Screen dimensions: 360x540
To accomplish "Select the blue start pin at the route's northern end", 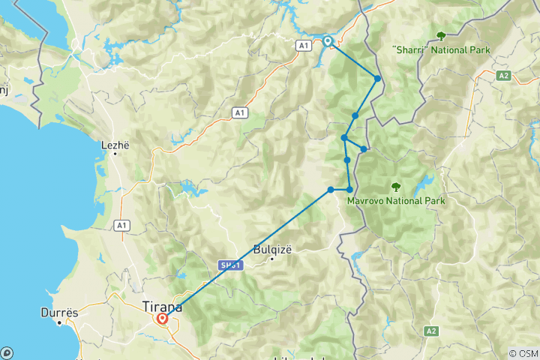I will click(x=328, y=41).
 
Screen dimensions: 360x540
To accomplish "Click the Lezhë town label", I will click(x=115, y=144).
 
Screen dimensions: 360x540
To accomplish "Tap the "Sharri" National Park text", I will click(x=441, y=50).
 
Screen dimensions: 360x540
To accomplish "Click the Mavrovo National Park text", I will click(x=396, y=201).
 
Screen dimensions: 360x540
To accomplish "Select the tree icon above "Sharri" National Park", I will click(x=441, y=35).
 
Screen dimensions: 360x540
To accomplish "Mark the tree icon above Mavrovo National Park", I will click(x=396, y=187).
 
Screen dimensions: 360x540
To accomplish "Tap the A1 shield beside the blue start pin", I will click(x=303, y=46).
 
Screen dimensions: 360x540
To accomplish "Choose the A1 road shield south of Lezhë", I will click(x=121, y=224).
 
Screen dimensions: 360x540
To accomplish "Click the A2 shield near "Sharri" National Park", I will click(x=505, y=76).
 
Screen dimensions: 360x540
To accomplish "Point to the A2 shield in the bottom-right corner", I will click(x=430, y=331).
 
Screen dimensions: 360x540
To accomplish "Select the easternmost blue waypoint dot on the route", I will click(x=378, y=79).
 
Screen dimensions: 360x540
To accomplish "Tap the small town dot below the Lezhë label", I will click(x=115, y=153).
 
